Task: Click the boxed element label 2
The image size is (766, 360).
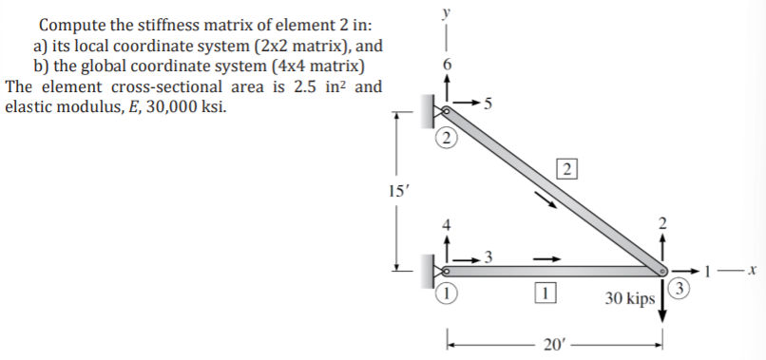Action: point(565,171)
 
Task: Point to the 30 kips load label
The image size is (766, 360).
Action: point(628,299)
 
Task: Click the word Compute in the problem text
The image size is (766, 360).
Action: point(72,24)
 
